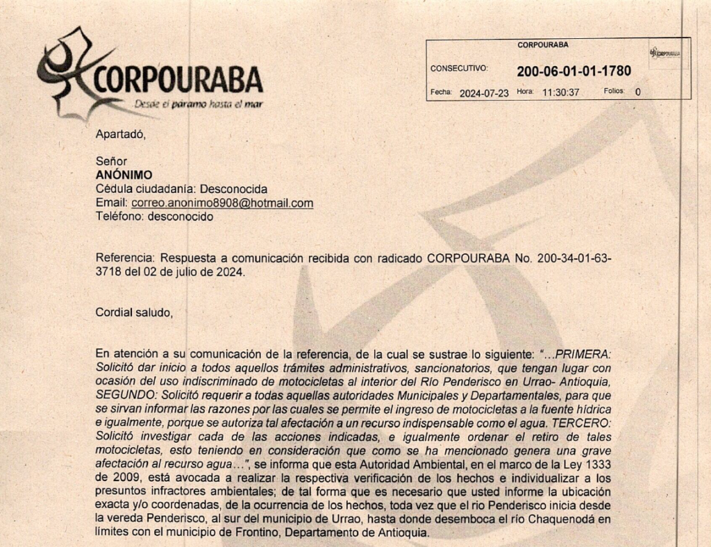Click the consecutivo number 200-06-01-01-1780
point(574,71)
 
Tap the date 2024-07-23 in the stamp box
point(485,92)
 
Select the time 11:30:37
point(560,92)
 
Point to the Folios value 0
point(637,92)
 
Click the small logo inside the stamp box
point(664,53)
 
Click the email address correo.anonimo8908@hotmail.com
point(222,203)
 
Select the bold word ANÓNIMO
point(124,175)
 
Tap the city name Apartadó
point(120,134)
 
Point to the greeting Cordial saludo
point(133,312)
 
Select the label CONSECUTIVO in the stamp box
point(459,69)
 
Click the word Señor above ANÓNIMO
point(111,161)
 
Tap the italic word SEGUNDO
point(122,393)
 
